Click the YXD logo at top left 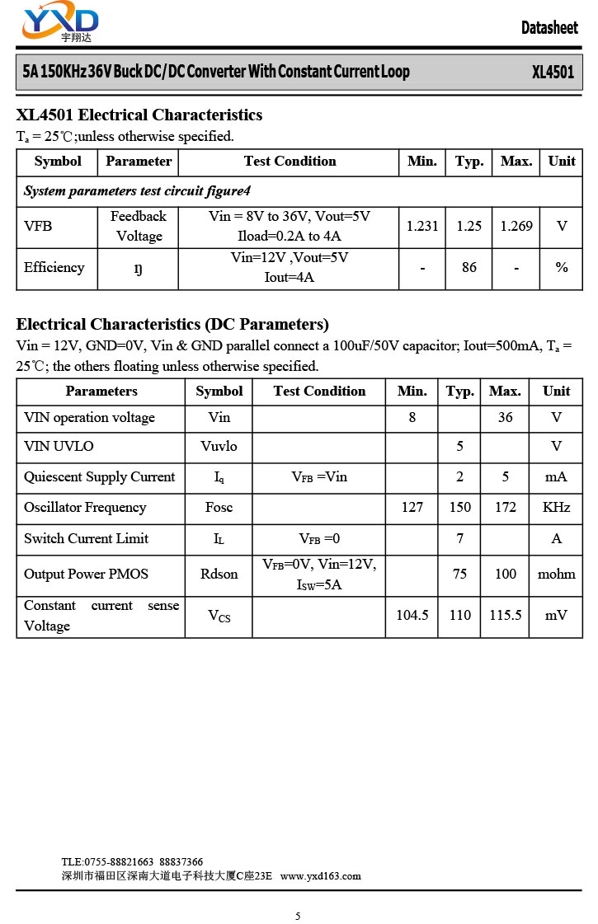click(x=60, y=23)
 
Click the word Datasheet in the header click(x=549, y=28)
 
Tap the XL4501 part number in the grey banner click(x=553, y=73)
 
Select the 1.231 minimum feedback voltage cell click(x=422, y=226)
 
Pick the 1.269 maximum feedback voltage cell click(x=516, y=226)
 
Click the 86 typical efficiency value click(x=469, y=267)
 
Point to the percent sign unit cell click(x=562, y=267)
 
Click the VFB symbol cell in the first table click(x=38, y=226)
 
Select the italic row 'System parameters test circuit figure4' click(x=137, y=191)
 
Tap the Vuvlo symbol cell click(x=219, y=446)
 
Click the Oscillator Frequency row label click(x=85, y=508)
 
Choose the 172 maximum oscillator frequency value click(x=506, y=508)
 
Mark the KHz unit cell click(x=557, y=508)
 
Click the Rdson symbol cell click(x=219, y=574)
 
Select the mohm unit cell click(x=557, y=574)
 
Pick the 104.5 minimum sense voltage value click(x=412, y=615)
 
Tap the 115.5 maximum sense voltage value click(x=506, y=615)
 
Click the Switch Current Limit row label click(x=87, y=539)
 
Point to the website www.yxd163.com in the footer click(x=321, y=876)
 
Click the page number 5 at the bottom click(x=299, y=916)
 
